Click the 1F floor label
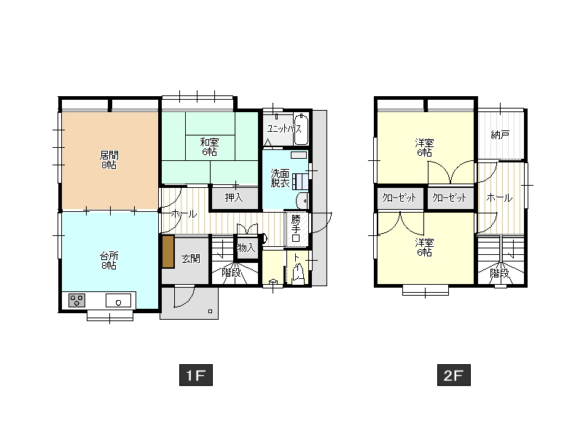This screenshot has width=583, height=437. (196, 375)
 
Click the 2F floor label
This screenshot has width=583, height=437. (453, 375)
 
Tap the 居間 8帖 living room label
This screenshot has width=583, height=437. (109, 160)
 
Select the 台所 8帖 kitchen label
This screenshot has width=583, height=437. (109, 260)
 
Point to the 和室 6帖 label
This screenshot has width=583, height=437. (210, 147)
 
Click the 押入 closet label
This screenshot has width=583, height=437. (234, 197)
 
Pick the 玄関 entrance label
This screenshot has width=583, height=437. (191, 259)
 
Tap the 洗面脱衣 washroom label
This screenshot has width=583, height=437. (281, 178)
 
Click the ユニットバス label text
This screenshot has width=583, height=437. (284, 129)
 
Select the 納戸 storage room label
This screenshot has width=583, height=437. (500, 135)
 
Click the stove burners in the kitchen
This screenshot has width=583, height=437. (77, 300)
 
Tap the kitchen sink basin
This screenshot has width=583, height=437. (118, 300)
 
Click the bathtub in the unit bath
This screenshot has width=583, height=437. (301, 130)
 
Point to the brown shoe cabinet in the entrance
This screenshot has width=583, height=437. (168, 251)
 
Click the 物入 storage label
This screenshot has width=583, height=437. (246, 248)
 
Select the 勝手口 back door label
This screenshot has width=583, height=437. (296, 228)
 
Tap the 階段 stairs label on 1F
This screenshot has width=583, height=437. (231, 272)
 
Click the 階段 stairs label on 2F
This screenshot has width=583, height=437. (499, 274)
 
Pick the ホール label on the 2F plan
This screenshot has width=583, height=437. (500, 197)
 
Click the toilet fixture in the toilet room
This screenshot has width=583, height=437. (298, 272)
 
